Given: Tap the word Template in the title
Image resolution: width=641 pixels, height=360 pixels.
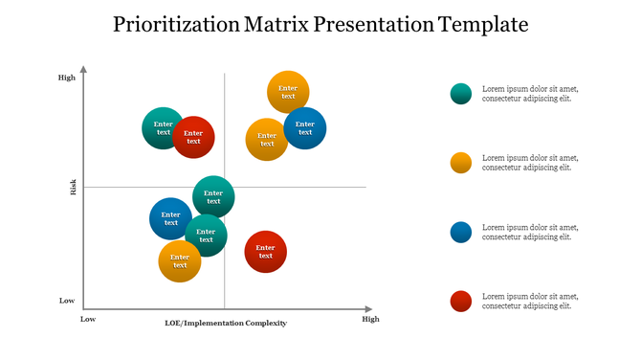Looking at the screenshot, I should (483, 25).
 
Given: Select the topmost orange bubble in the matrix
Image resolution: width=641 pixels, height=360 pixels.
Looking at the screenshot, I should (288, 92).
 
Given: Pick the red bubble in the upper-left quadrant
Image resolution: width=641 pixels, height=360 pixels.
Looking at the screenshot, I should (194, 137).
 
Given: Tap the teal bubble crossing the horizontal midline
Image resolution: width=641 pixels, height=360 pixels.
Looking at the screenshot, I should (213, 196).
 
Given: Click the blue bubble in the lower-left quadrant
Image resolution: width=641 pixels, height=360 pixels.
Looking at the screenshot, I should (170, 218).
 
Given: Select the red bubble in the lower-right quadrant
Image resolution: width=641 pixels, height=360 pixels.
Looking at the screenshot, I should (266, 252).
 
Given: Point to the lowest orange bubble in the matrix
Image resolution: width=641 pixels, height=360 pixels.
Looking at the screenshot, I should (180, 260).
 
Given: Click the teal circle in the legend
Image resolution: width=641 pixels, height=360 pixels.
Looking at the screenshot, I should (461, 93).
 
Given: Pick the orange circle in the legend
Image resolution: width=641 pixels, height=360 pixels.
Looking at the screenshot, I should (461, 163).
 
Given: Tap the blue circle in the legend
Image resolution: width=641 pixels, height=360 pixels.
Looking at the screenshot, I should (461, 232).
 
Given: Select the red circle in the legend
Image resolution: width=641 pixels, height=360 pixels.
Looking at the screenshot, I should (461, 302).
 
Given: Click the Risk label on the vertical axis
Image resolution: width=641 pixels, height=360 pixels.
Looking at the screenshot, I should (74, 188).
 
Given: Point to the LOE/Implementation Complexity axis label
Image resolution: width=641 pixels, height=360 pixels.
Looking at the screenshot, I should (226, 323).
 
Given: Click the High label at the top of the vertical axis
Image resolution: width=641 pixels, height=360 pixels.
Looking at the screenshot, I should (66, 78).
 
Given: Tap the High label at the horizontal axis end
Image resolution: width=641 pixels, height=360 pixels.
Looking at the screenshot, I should (370, 319).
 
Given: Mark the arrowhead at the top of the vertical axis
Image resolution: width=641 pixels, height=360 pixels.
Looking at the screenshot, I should (84, 69).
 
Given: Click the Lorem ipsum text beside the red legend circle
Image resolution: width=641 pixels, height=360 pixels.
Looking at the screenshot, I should (529, 302).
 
